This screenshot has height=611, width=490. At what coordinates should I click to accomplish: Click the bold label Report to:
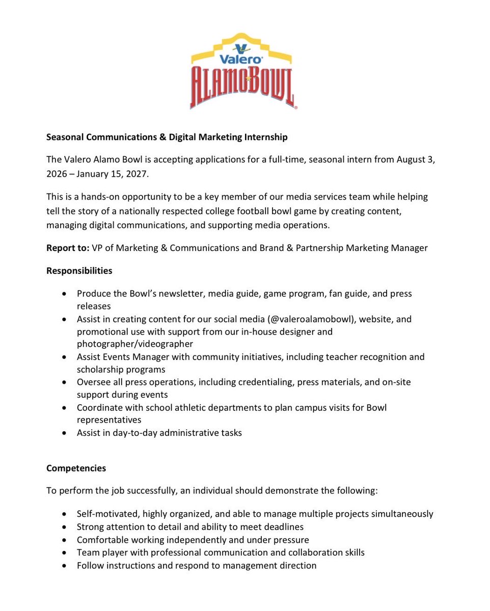click(x=68, y=248)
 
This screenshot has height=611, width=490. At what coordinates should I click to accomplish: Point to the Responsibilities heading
click(x=79, y=271)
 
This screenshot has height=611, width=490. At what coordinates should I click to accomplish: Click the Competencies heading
click(x=76, y=468)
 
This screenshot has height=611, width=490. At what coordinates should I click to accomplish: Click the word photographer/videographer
click(x=135, y=344)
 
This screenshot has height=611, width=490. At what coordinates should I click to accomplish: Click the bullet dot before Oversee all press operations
click(x=63, y=382)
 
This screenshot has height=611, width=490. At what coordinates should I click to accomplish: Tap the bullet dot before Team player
click(x=63, y=552)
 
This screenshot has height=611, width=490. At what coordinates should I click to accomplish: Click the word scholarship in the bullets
click(x=100, y=370)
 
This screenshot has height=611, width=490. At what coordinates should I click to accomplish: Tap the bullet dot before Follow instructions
click(x=63, y=565)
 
